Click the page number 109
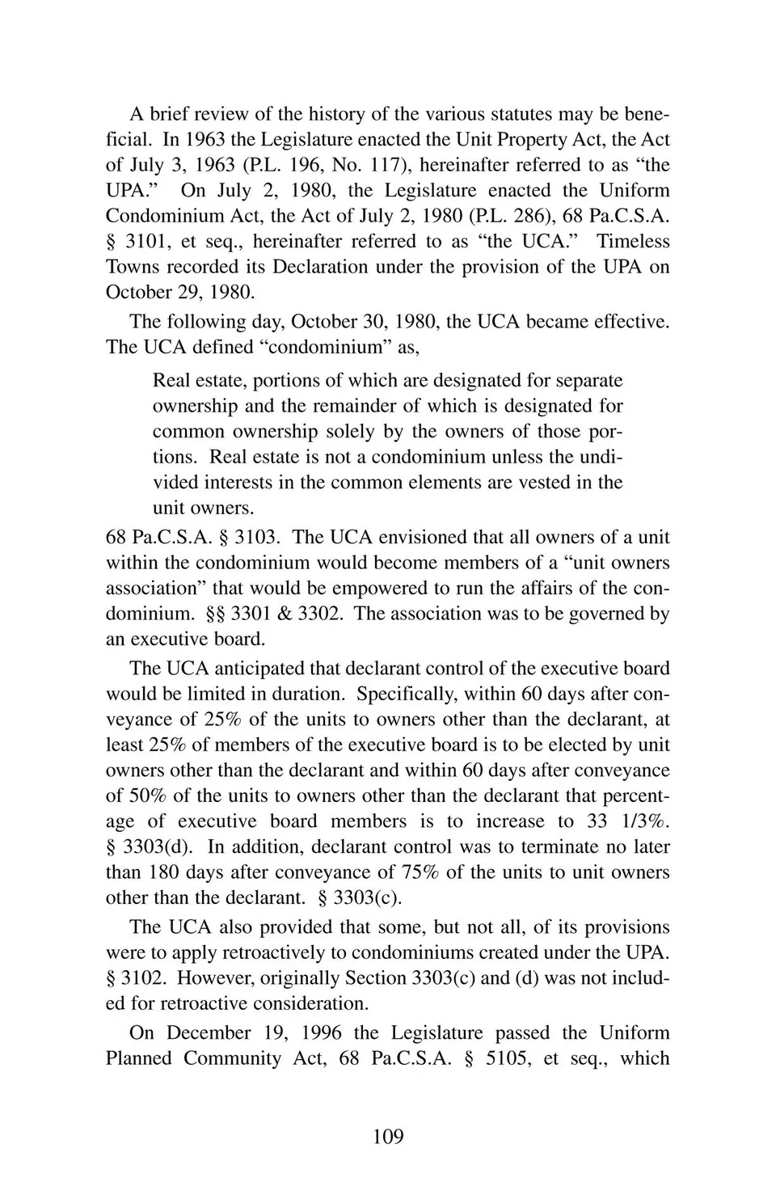388,1137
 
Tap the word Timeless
634,241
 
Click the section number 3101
146,241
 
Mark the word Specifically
403,694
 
